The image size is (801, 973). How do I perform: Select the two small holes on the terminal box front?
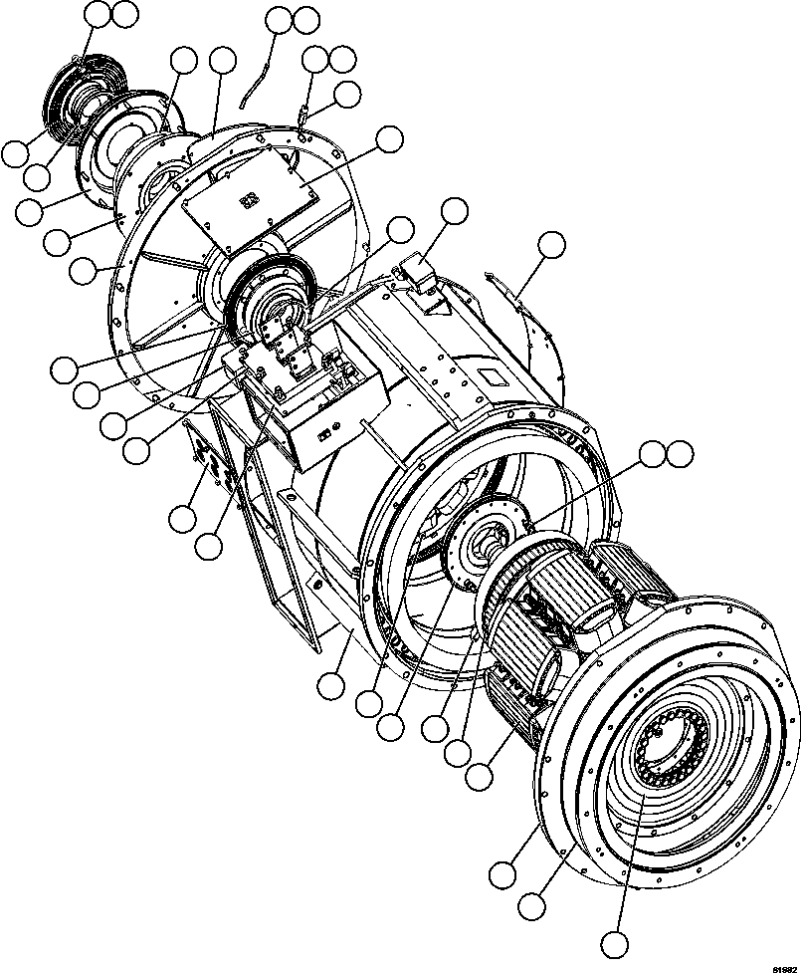(327, 433)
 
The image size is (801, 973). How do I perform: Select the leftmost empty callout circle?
(15, 153)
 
